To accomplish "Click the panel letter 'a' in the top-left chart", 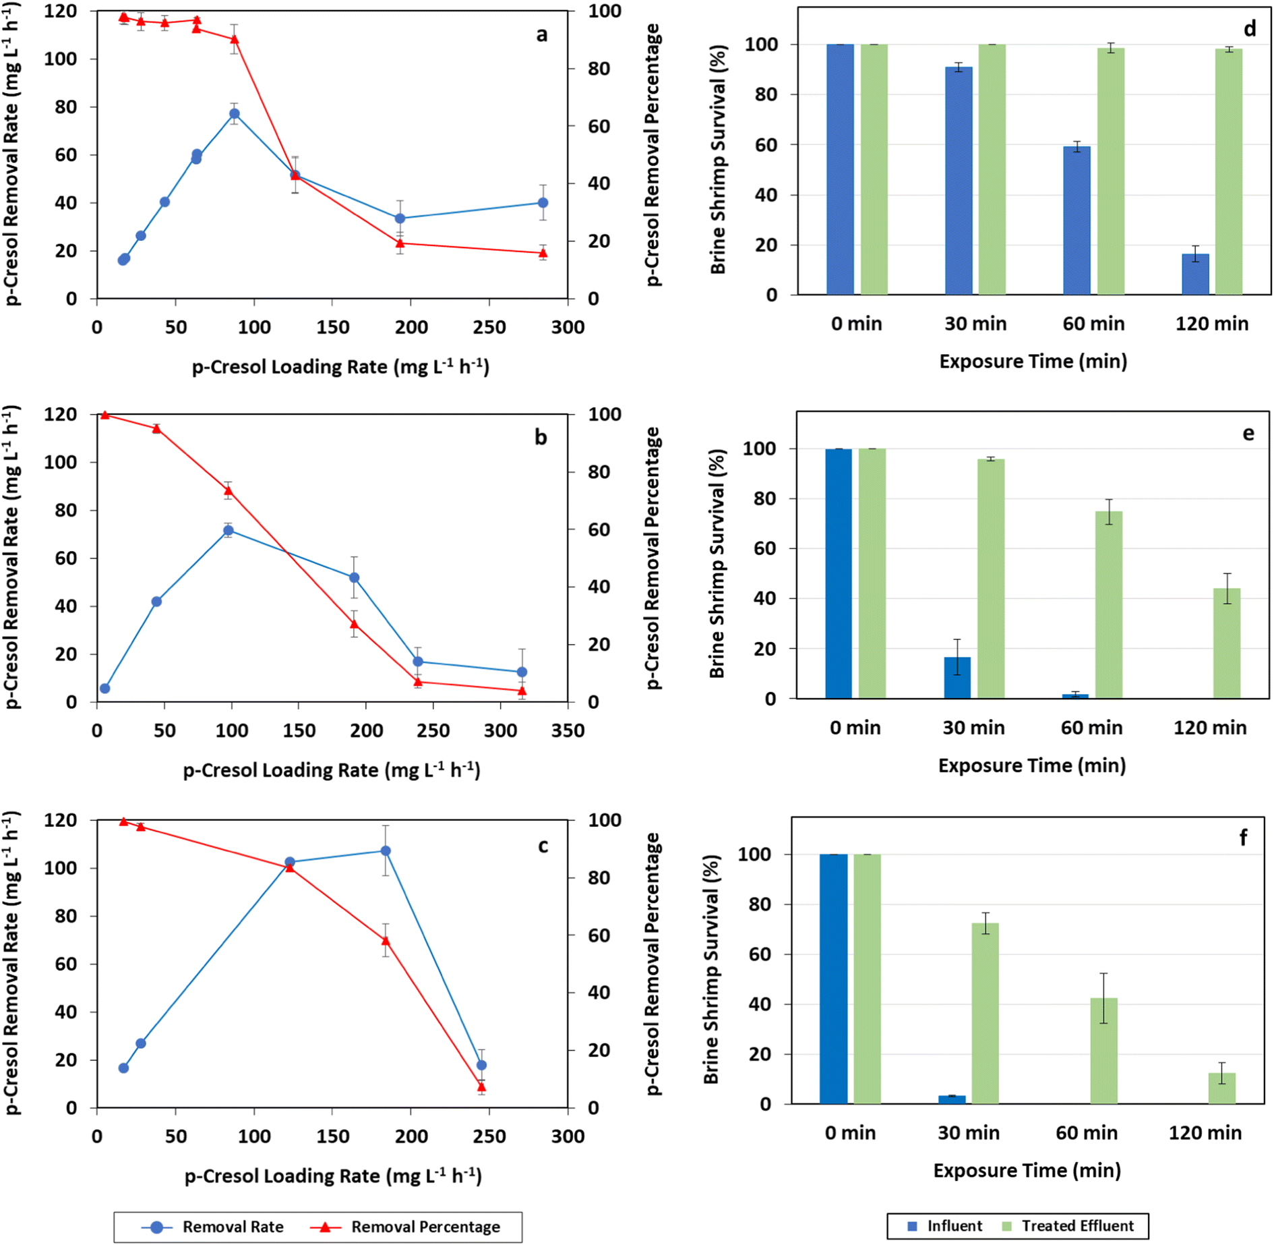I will [x=542, y=35].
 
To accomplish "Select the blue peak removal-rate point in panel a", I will [x=234, y=113].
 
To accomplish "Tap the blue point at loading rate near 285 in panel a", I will [x=543, y=202].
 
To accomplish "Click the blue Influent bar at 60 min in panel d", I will [x=1076, y=220].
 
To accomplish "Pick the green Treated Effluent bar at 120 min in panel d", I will [x=1228, y=171].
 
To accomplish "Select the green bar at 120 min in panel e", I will [x=1227, y=643].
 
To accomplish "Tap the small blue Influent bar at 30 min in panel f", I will [x=952, y=1099].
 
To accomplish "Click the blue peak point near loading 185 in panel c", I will [x=386, y=851].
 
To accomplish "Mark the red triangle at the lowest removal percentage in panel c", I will [x=481, y=1087].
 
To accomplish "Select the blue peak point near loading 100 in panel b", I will [x=229, y=530].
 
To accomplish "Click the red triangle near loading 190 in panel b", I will [x=354, y=624].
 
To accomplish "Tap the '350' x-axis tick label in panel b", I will [x=568, y=731].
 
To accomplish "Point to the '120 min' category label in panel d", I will [x=1211, y=324].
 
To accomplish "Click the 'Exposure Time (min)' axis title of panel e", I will [x=1031, y=765].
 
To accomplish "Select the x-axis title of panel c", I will [x=333, y=1176].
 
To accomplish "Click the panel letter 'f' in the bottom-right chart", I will [x=1243, y=838].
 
